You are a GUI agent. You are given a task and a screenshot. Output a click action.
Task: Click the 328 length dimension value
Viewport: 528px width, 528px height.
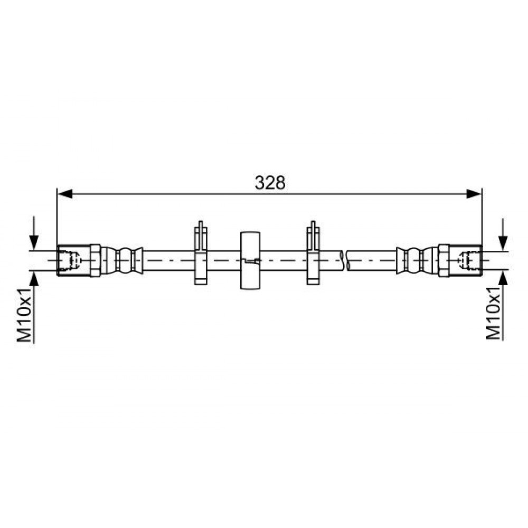pos(270,183)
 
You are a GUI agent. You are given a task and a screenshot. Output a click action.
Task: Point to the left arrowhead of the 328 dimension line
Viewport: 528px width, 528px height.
pos(65,194)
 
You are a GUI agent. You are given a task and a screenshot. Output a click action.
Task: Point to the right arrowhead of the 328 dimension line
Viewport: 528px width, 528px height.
pos(475,194)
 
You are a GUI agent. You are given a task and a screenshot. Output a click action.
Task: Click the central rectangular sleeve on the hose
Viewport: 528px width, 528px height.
pos(250,260)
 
